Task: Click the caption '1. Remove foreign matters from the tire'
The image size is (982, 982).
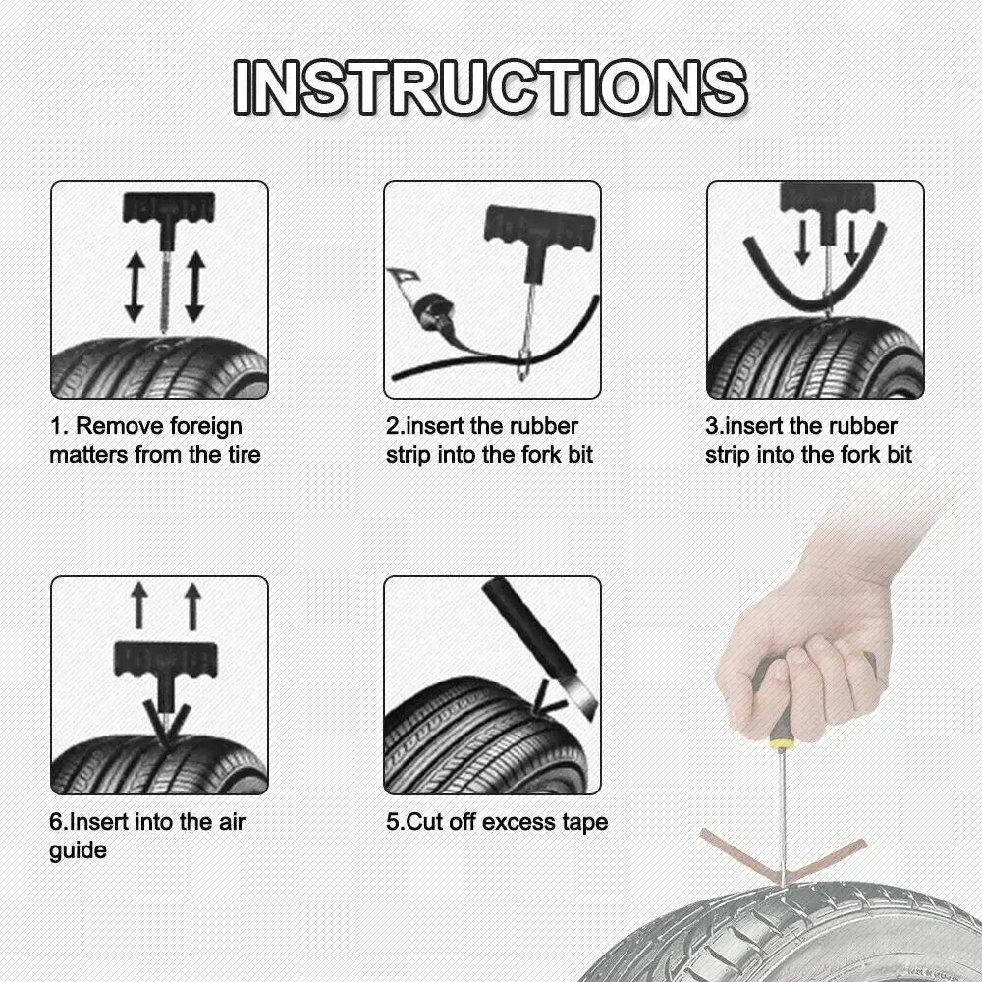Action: point(154,440)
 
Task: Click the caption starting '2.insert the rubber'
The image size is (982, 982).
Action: point(488,440)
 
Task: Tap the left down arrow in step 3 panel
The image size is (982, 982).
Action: point(802,242)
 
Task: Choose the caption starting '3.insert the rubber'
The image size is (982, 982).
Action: point(807,440)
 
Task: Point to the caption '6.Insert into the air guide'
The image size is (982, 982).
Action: point(146,835)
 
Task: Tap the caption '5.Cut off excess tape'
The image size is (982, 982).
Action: point(496,821)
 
